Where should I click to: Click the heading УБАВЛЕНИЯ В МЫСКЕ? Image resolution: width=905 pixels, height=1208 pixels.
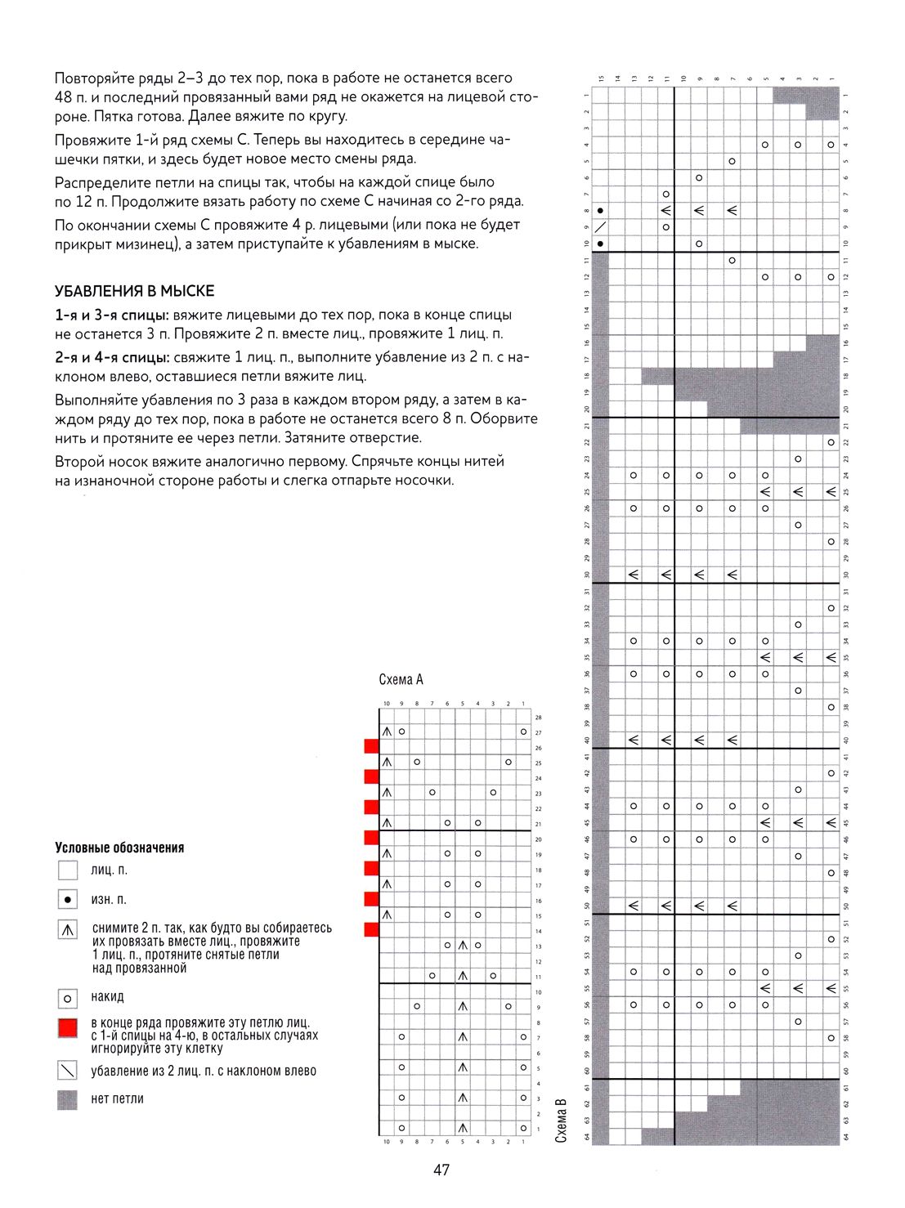coord(134,291)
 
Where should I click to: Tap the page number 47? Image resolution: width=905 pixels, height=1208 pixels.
coord(441,1170)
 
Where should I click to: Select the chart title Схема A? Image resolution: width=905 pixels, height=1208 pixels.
coord(401,680)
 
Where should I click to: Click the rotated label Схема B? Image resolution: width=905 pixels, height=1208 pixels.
coord(562,1121)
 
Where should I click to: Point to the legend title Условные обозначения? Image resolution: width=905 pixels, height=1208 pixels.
coord(119,848)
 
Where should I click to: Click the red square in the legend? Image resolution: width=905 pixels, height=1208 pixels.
coord(68,1028)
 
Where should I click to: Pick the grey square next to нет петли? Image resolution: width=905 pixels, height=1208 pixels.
coord(68,1099)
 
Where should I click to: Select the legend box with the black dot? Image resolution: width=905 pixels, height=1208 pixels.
coord(68,900)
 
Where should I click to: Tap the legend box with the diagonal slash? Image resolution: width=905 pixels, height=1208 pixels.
coord(68,1071)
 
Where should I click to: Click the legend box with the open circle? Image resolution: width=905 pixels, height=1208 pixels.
coord(68,998)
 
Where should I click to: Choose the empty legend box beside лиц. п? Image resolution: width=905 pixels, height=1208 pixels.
coord(68,870)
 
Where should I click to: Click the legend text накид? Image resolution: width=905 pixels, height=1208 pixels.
coord(108,997)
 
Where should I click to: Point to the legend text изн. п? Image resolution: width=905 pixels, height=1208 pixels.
coord(109,900)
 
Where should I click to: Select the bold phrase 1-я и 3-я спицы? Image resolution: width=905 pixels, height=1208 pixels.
coord(112,315)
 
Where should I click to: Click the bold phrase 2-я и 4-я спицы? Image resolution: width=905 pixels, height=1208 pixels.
coord(112,357)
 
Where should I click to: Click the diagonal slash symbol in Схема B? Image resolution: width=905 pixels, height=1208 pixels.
coord(601,226)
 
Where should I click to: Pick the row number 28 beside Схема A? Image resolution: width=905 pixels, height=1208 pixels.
coord(538,718)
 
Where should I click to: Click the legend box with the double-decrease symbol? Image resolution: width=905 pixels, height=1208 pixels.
coord(68,929)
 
